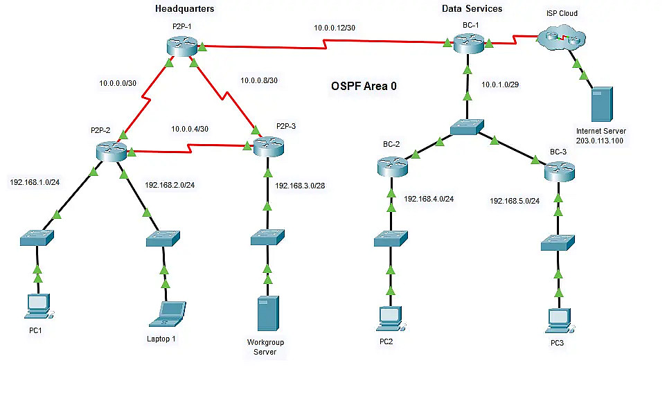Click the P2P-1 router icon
coord(182,46)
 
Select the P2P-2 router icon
coord(111,150)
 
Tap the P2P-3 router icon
coord(269,145)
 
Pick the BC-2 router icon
coord(393,166)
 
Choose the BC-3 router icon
coord(560,170)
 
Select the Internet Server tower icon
coord(599,104)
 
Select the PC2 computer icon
coord(390,317)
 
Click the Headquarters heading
coord(185,9)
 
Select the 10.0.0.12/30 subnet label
coord(335,28)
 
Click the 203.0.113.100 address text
coord(600,141)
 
